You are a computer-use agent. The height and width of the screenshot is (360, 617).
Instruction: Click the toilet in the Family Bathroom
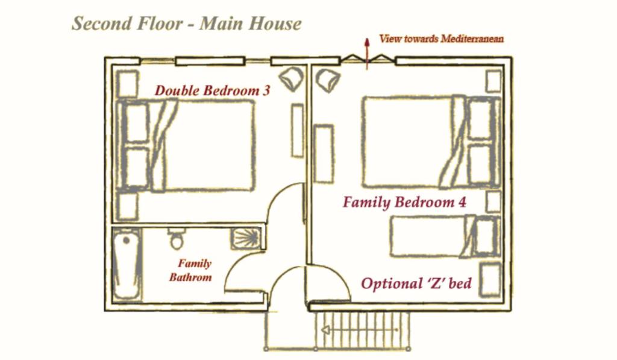pyautogui.click(x=177, y=238)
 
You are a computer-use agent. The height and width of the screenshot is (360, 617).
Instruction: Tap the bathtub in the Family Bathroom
pyautogui.click(x=127, y=265)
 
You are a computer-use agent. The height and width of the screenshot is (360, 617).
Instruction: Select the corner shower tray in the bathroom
pyautogui.click(x=246, y=238)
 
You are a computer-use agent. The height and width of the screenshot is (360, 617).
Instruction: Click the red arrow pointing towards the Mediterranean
pyautogui.click(x=367, y=54)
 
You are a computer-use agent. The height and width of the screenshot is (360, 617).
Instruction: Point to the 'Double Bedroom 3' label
pyautogui.click(x=213, y=90)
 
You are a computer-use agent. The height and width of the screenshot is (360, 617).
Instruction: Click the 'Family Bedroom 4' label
pyautogui.click(x=404, y=203)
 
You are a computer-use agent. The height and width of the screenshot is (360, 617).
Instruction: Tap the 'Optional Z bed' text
pyautogui.click(x=416, y=283)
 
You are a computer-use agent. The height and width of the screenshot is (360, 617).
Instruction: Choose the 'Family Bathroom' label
pyautogui.click(x=191, y=270)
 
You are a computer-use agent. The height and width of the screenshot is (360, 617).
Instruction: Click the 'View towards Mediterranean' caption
pyautogui.click(x=442, y=39)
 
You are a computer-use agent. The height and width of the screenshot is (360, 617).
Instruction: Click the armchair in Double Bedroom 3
pyautogui.click(x=291, y=79)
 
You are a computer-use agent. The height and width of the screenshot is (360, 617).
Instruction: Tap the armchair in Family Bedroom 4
pyautogui.click(x=327, y=80)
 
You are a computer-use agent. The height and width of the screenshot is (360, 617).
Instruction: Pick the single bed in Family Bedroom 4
pyautogui.click(x=445, y=236)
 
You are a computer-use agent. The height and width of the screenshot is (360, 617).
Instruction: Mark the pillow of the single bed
pyautogui.click(x=485, y=236)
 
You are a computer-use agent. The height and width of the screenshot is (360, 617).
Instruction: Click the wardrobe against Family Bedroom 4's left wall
pyautogui.click(x=324, y=154)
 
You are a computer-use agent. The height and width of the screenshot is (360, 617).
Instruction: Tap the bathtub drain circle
pyautogui.click(x=127, y=240)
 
